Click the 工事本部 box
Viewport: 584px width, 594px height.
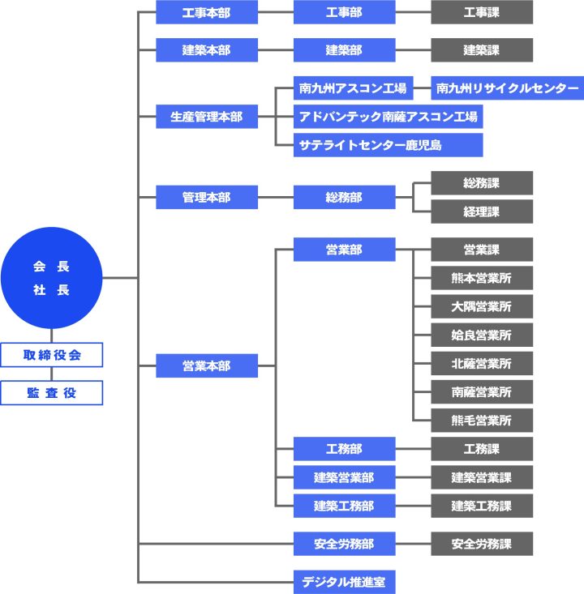pos(206,12)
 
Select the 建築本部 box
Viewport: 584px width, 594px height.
pos(206,50)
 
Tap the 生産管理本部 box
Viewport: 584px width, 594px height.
pos(206,117)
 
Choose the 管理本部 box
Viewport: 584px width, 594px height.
pos(206,197)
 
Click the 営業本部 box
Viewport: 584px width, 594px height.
pos(206,366)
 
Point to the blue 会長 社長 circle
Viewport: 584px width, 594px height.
pos(52,278)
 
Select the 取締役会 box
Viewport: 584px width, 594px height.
pos(52,354)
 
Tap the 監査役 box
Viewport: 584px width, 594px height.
pos(52,392)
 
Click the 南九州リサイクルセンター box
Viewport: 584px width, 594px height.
pos(507,88)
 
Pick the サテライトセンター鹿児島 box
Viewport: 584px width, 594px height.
pos(388,145)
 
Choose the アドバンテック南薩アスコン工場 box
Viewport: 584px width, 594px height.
pos(388,117)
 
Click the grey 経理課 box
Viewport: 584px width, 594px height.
pos(482,212)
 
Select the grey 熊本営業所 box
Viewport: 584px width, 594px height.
pos(482,278)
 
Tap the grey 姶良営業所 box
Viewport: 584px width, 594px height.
pos(482,335)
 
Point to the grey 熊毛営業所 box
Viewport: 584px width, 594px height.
pos(482,420)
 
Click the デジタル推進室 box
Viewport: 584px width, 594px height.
pos(344,581)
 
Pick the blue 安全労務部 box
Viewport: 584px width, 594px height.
pos(344,543)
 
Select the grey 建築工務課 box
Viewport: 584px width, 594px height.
pos(482,506)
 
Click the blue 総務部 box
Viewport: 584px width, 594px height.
pos(344,197)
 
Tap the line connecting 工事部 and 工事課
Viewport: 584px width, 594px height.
pos(413,12)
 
